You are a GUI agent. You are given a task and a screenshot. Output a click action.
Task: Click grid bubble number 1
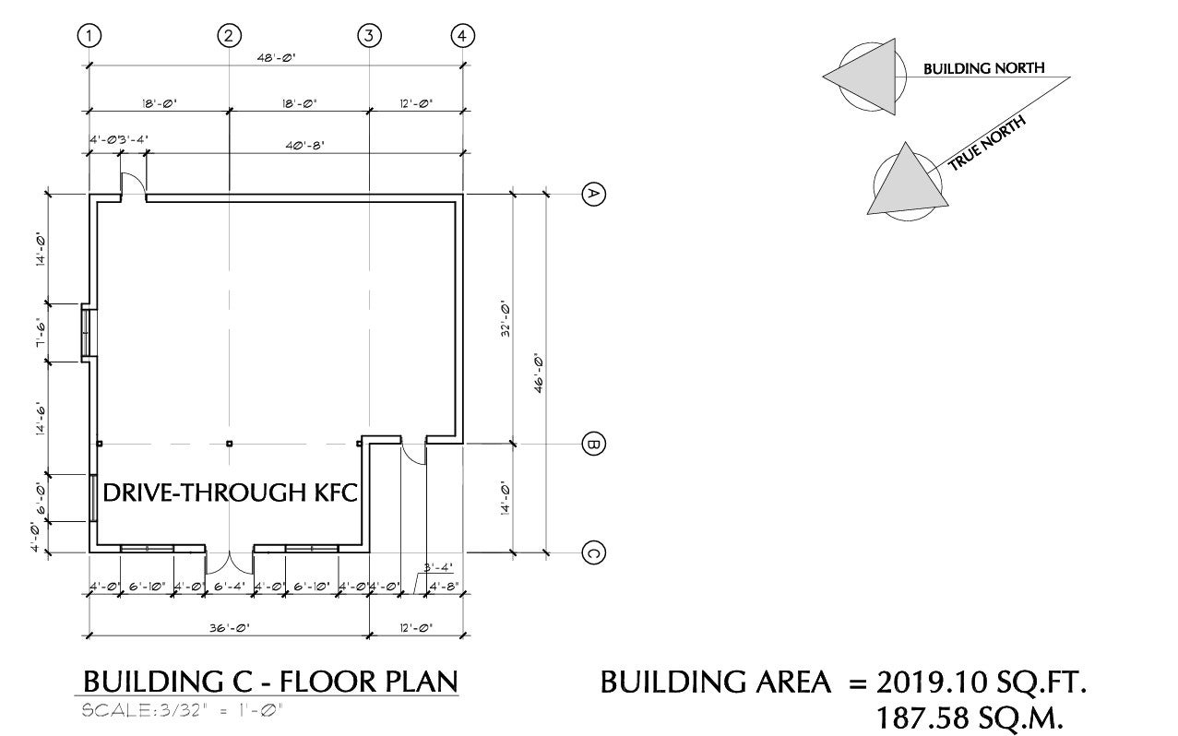click(x=89, y=36)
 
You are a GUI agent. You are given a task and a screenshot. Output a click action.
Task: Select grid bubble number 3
click(x=369, y=36)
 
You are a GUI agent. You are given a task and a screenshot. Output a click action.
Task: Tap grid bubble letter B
click(x=594, y=444)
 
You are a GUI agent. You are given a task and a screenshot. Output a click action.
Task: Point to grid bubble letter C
click(x=594, y=552)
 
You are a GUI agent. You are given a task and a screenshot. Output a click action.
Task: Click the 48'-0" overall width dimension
click(x=276, y=57)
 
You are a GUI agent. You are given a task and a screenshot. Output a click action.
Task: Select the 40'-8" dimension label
click(x=304, y=145)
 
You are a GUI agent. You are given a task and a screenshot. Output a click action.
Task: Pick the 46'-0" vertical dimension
click(x=538, y=374)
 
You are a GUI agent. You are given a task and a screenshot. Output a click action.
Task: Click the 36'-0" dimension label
click(x=230, y=628)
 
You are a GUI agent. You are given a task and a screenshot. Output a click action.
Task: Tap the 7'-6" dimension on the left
click(x=41, y=333)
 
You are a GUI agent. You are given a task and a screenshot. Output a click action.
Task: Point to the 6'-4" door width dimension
click(x=230, y=586)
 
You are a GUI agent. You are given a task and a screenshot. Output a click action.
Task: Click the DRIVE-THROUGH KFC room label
click(x=230, y=493)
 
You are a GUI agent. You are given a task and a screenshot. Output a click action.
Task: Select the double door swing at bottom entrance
click(x=230, y=562)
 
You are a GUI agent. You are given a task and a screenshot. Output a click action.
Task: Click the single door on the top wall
click(x=133, y=184)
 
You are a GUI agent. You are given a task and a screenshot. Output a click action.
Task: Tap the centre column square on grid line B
click(x=230, y=444)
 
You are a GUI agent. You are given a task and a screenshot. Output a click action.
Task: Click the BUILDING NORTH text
click(x=984, y=68)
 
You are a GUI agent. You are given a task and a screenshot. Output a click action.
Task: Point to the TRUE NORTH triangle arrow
click(x=907, y=182)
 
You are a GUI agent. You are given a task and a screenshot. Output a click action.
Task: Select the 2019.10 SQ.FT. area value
click(x=982, y=683)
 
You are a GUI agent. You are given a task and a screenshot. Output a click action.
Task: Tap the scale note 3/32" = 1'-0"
click(x=182, y=710)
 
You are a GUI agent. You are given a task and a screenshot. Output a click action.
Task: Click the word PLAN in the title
click(x=422, y=682)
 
